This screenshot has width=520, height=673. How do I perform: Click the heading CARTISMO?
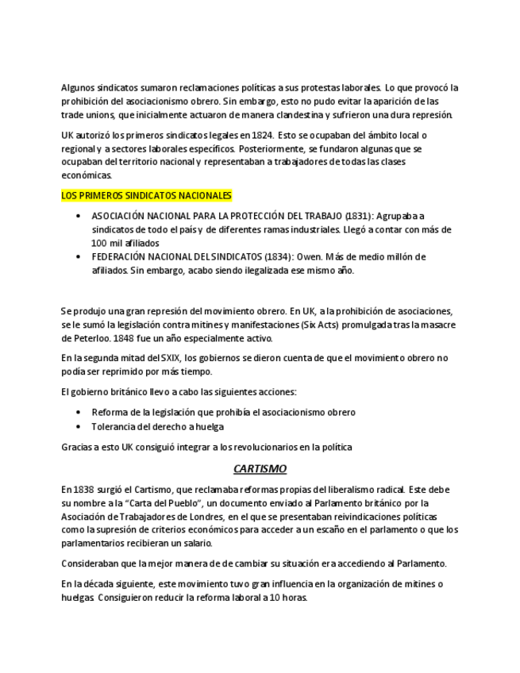(260, 469)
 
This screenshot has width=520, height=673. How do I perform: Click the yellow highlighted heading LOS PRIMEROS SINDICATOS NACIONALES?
(146, 195)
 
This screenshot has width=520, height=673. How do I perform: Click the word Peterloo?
(82, 338)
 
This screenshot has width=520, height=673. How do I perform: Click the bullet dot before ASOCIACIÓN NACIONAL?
(78, 216)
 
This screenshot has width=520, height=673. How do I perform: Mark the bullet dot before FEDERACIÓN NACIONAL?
(78, 256)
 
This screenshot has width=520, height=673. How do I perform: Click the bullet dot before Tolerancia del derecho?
(78, 426)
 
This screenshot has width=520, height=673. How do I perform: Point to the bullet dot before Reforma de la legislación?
(78, 412)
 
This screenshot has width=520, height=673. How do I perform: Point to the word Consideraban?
(92, 563)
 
